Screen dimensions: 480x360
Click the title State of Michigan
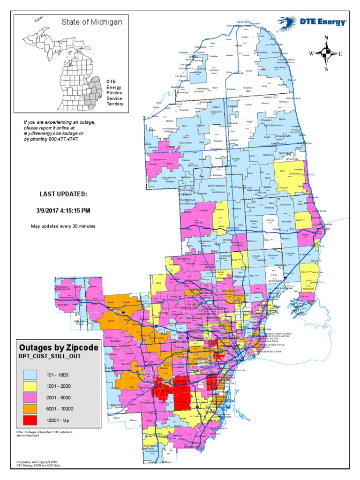[92, 22]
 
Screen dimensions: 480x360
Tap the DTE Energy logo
[312, 21]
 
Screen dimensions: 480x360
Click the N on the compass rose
[326, 37]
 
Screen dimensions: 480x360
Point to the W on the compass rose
[311, 53]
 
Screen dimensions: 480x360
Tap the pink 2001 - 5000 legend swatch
[31, 397]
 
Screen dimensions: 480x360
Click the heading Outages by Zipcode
[59, 348]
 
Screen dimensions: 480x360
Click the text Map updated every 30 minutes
[63, 226]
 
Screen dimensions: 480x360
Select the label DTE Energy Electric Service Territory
[115, 92]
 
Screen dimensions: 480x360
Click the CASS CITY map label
[216, 112]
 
